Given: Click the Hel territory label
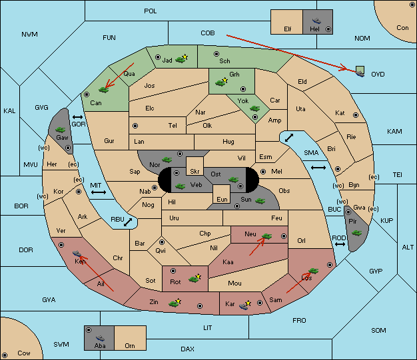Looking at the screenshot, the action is (314, 29).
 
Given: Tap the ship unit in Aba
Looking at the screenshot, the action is (100, 337).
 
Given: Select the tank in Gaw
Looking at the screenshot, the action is (61, 129).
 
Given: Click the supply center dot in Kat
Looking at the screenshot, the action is (356, 115).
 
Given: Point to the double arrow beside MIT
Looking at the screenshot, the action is (99, 192).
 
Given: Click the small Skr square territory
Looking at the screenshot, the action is (195, 166).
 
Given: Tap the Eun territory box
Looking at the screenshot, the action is (222, 194).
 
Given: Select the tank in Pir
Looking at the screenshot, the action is (356, 233).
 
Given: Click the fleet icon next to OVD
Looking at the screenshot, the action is (360, 72).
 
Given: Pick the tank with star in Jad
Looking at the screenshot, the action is (181, 59).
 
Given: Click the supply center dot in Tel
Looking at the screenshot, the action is (135, 125).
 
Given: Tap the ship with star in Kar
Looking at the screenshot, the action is (245, 305).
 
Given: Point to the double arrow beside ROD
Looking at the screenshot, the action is (340, 244).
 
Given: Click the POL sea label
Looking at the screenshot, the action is (151, 11).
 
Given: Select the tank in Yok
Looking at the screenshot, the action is (254, 108).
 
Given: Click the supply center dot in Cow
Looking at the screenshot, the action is (5, 355).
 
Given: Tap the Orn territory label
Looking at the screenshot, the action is (130, 345).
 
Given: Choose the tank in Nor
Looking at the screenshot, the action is (167, 160).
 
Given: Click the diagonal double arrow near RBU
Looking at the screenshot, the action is (128, 222).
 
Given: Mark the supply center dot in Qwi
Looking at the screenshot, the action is (162, 242).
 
